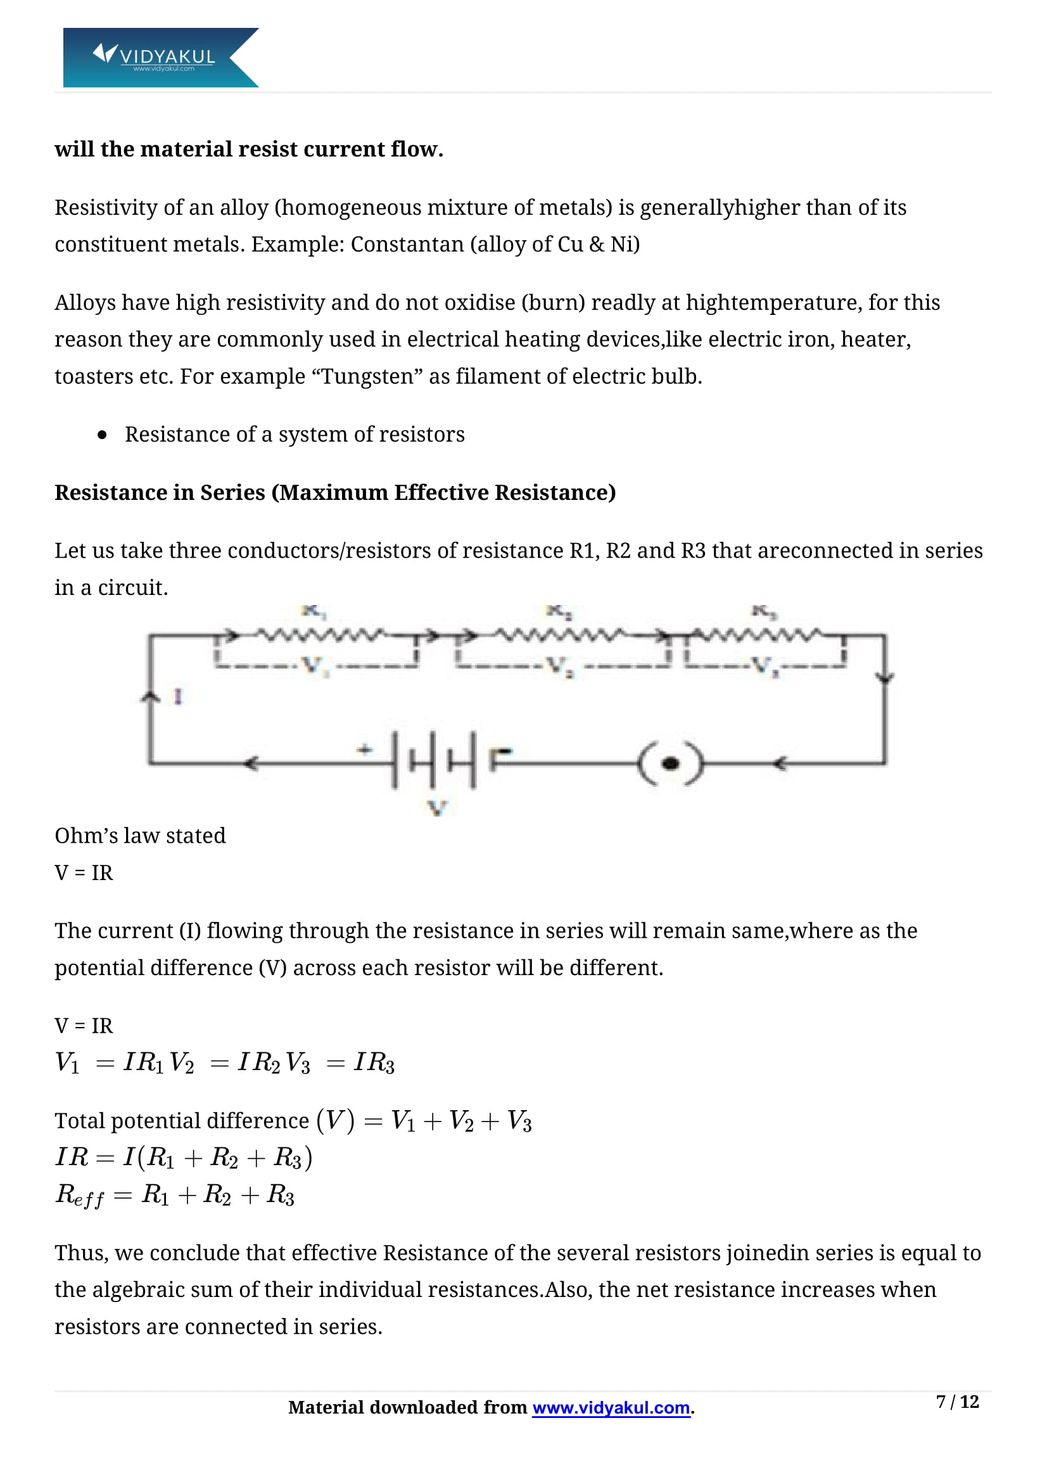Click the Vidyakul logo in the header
[160, 58]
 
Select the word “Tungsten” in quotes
[366, 376]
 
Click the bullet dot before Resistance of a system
[102, 435]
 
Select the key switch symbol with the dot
[671, 763]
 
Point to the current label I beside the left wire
[178, 696]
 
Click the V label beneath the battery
[438, 807]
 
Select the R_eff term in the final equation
[79, 1196]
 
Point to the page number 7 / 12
[956, 1402]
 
